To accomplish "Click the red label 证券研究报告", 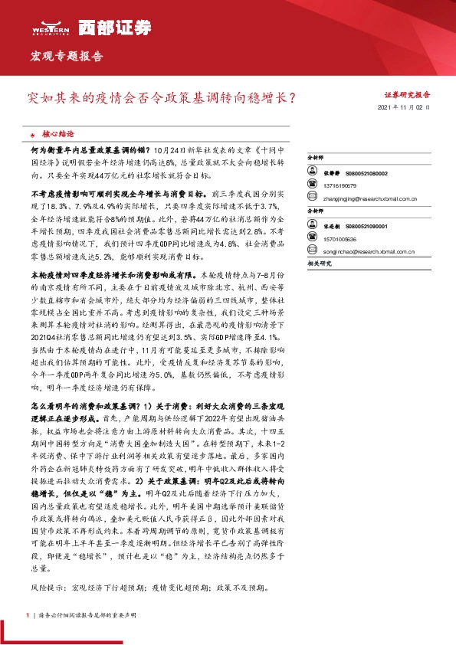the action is tap(407, 95).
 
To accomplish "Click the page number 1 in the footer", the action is tap(28, 615).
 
